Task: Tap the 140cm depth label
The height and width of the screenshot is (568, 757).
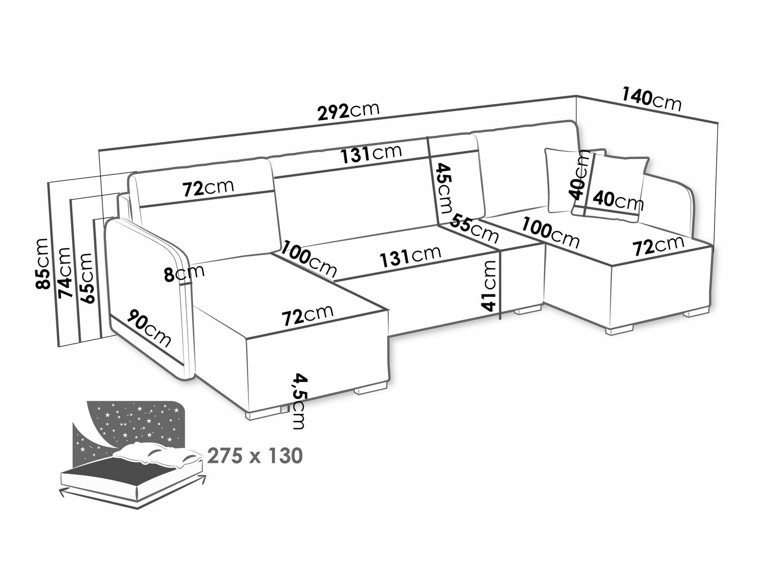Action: pyautogui.click(x=651, y=101)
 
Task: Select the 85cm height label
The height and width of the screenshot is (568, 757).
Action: pyautogui.click(x=41, y=263)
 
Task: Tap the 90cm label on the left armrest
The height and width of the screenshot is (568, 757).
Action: pyautogui.click(x=149, y=328)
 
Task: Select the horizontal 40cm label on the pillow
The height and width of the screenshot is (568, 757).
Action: pyautogui.click(x=617, y=200)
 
